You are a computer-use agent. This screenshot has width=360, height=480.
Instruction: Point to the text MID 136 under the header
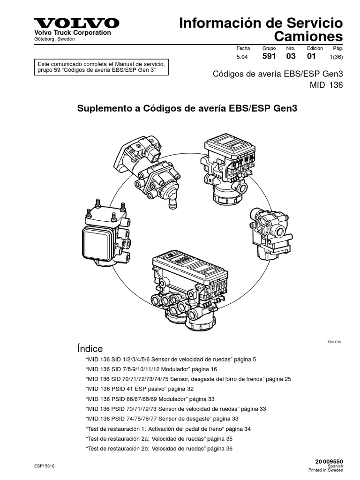point(326,85)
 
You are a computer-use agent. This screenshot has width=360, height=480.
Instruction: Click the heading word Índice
point(90,349)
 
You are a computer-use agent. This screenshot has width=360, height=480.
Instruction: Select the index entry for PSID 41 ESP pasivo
point(140,389)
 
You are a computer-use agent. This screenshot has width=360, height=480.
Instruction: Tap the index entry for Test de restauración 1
point(168,428)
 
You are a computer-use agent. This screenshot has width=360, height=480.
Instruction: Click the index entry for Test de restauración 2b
point(159,448)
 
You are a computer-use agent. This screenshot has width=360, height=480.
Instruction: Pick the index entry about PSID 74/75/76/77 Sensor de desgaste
point(162,419)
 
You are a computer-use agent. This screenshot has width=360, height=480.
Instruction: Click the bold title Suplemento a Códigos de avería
point(187,109)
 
